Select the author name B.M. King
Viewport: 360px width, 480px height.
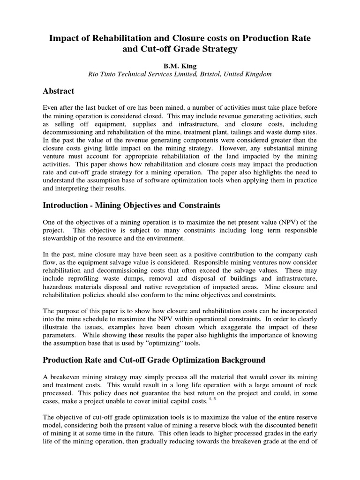(x=180, y=66)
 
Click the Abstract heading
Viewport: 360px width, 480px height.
(x=59, y=91)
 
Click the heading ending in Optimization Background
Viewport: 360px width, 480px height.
(x=154, y=360)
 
